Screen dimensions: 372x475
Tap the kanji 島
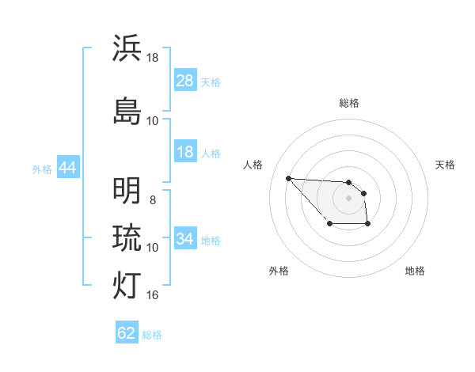(x=127, y=110)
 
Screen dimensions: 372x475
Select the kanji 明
(x=127, y=191)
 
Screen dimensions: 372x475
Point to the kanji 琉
(x=127, y=237)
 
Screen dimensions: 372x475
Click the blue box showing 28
(x=184, y=81)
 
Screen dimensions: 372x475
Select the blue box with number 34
(x=184, y=239)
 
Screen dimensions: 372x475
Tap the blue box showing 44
(x=67, y=168)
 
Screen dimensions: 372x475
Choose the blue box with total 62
(x=127, y=333)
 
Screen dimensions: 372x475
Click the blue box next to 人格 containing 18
(x=184, y=152)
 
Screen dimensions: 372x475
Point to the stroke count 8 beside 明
(x=153, y=200)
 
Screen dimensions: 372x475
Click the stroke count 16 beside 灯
(x=153, y=295)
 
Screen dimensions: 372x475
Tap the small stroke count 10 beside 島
(x=153, y=120)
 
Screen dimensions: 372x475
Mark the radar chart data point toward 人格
(x=288, y=178)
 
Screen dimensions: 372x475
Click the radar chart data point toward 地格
(x=368, y=225)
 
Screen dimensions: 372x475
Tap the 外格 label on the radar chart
(x=279, y=271)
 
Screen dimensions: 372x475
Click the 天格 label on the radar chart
(x=446, y=165)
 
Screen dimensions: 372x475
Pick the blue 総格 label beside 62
(x=152, y=335)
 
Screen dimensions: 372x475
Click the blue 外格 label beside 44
(x=41, y=169)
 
